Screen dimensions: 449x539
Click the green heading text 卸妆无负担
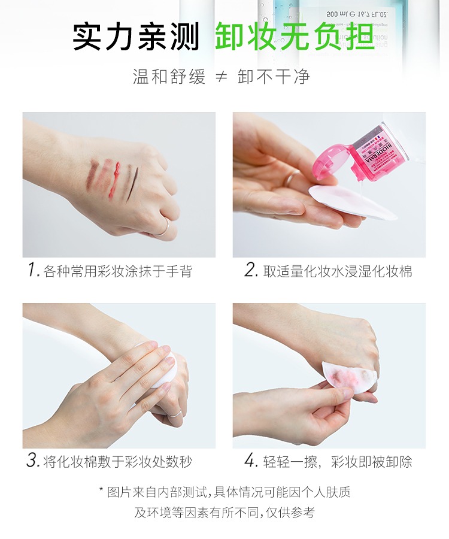click(295, 37)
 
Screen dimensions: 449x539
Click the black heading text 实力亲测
click(136, 37)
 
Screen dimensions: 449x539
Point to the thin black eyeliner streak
click(132, 183)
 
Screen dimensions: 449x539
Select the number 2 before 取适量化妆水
click(251, 270)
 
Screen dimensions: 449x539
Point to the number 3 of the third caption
click(33, 461)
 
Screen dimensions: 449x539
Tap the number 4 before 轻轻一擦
click(251, 461)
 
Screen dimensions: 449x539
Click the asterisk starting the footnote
click(101, 489)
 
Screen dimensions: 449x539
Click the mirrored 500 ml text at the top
click(357, 14)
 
